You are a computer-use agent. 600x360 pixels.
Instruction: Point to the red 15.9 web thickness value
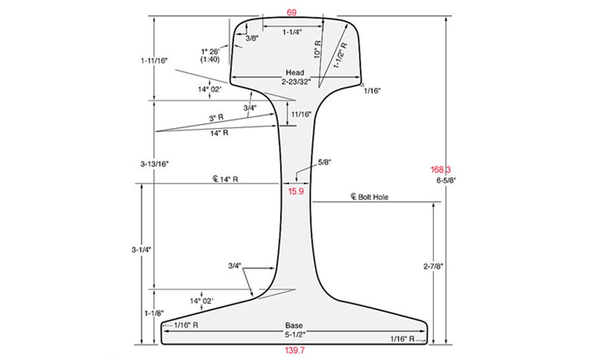pos(296,191)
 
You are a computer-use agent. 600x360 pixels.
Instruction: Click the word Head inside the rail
pos(295,72)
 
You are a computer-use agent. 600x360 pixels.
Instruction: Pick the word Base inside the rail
pos(295,326)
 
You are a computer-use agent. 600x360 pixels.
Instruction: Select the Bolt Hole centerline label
pos(369,196)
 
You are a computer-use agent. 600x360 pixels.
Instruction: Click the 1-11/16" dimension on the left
pos(152,60)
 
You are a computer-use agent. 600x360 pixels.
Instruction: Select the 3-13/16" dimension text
pos(152,163)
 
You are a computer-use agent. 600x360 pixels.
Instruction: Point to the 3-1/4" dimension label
pos(142,250)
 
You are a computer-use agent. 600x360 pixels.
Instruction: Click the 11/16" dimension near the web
pos(302,114)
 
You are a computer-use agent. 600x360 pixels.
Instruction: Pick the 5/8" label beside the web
pos(325,162)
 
